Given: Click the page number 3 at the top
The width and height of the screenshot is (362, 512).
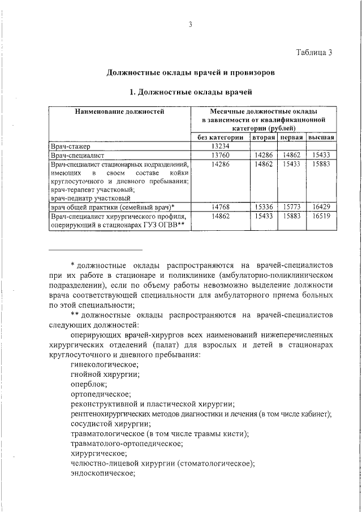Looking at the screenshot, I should point(191,24).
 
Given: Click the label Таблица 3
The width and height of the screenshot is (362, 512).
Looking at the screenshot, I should point(314,52).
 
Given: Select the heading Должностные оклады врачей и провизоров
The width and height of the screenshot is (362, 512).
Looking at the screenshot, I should point(191,72).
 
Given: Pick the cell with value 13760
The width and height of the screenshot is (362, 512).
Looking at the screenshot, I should point(220,154).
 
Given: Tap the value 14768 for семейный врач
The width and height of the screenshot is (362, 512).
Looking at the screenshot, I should point(220,208).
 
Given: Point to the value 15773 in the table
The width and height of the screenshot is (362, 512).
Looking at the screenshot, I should point(292,208).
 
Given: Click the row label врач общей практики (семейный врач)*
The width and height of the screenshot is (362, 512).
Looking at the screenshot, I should point(112,208).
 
